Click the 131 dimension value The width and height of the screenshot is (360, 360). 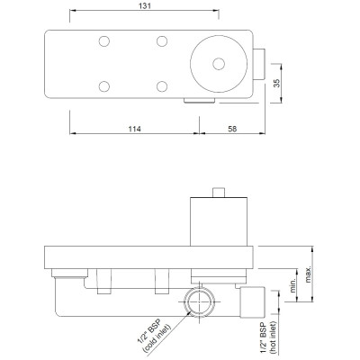pyautogui.click(x=145, y=6)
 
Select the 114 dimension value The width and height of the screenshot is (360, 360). pyautogui.click(x=134, y=129)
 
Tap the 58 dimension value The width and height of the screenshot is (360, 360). pyautogui.click(x=232, y=129)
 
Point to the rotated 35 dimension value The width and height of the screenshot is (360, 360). pyautogui.click(x=276, y=83)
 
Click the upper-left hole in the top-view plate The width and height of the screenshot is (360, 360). pyautogui.click(x=104, y=41)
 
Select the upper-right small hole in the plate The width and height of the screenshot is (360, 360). pyautogui.click(x=162, y=41)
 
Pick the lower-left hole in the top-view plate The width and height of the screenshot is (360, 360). pyautogui.click(x=104, y=86)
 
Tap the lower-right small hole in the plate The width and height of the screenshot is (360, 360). pyautogui.click(x=162, y=86)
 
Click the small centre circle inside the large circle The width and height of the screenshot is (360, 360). pyautogui.click(x=219, y=64)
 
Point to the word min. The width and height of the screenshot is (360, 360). pyautogui.click(x=293, y=284)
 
